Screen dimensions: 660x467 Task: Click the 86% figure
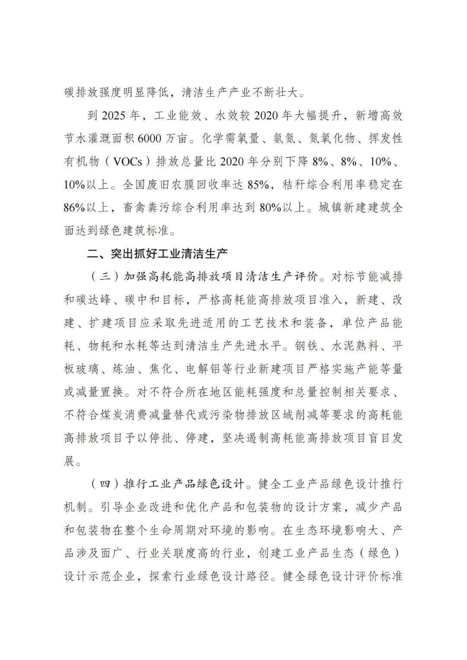click(74, 207)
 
